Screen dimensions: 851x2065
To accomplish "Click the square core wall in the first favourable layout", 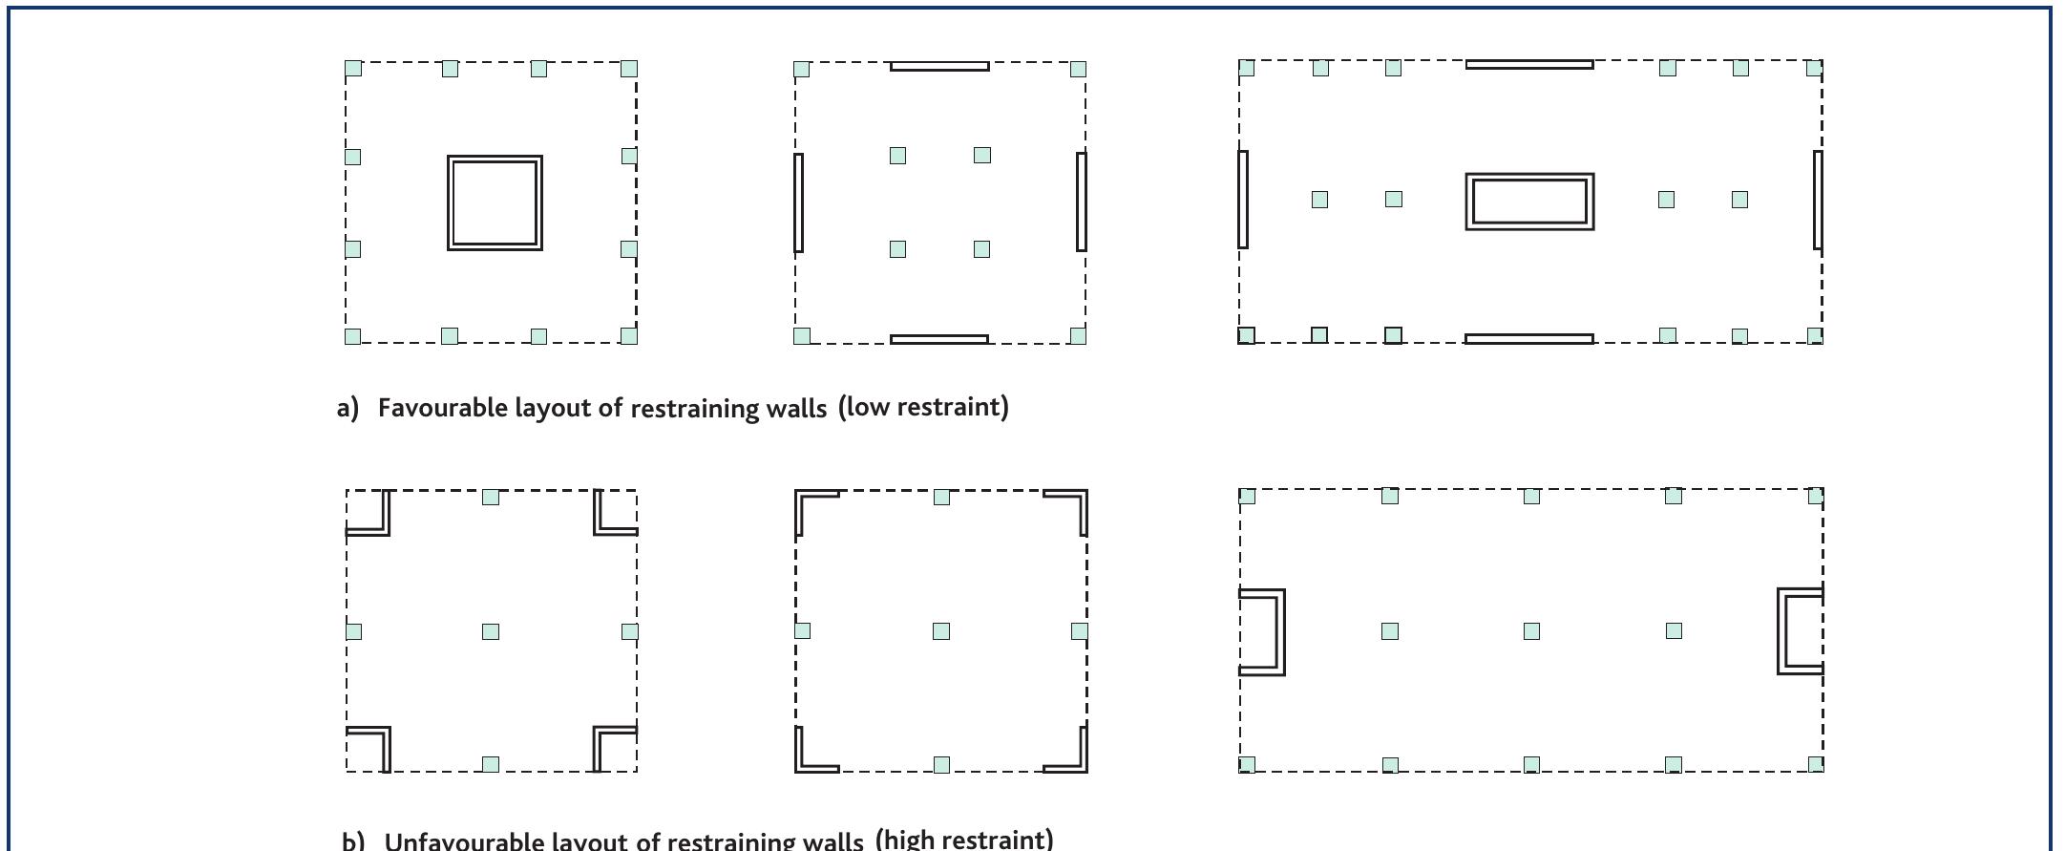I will coord(495,158).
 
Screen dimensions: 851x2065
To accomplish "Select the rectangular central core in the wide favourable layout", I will coord(1529,177).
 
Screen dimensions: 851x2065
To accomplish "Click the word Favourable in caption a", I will coord(443,408).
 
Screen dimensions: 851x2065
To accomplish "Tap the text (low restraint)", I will coord(923,407).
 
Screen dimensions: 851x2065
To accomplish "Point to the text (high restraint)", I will coord(964,839).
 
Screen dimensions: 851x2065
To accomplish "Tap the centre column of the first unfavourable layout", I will coord(491,631).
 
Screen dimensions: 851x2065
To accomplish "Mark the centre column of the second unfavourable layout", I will coord(941,631).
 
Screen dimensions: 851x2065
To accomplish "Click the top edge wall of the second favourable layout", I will coord(939,66).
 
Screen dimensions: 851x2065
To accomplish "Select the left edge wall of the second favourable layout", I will coord(799,202).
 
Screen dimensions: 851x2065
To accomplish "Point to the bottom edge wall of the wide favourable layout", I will coord(1529,338).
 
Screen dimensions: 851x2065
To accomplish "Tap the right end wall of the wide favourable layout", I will coord(1818,200).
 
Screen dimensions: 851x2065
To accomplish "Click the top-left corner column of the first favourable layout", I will coord(353,69).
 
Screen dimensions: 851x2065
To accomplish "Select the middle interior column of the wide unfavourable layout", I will coord(1531,631).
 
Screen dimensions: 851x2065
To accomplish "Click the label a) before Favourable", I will coord(348,408).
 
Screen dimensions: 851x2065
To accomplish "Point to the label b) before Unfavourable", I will coord(353,841).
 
